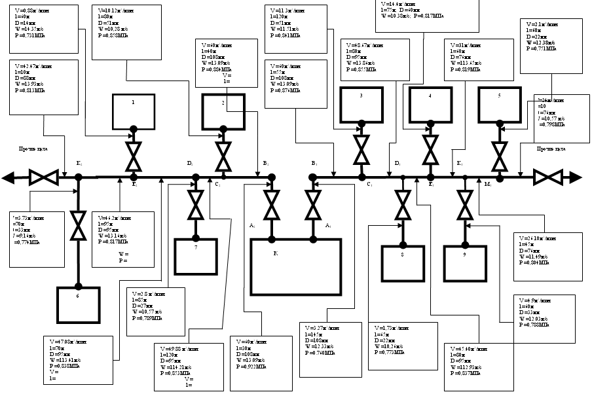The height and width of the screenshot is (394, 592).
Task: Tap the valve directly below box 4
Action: (430, 152)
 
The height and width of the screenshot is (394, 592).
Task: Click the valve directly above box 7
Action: (195, 204)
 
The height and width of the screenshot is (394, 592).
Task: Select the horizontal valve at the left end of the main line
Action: (44, 177)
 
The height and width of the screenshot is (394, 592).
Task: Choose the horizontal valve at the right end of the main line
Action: (549, 177)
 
